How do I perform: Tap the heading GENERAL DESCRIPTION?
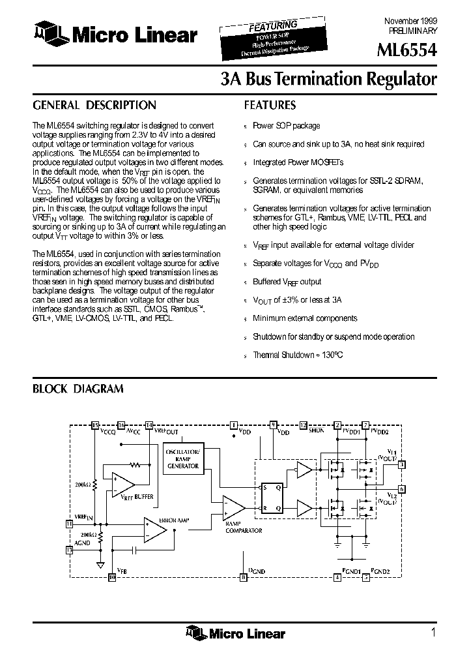click(x=94, y=105)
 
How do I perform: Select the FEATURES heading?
click(x=270, y=105)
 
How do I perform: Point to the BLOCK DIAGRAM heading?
click(x=78, y=389)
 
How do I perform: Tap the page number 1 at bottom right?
click(x=433, y=632)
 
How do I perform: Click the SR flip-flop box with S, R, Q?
click(x=272, y=498)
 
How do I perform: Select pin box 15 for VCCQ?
click(x=96, y=425)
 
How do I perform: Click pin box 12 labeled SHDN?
click(x=303, y=425)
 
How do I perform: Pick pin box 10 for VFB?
click(x=111, y=577)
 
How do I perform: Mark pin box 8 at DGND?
click(x=244, y=577)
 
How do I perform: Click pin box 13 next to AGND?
click(x=70, y=550)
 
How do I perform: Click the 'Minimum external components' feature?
click(x=305, y=318)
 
